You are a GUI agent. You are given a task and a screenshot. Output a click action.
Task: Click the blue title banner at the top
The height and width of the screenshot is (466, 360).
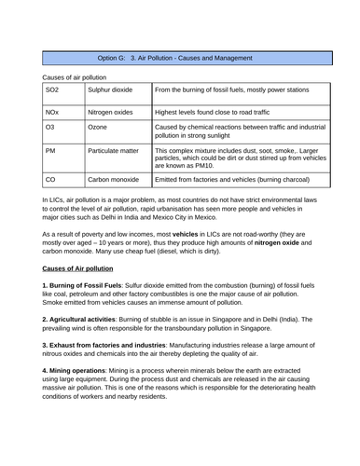[180, 58]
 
